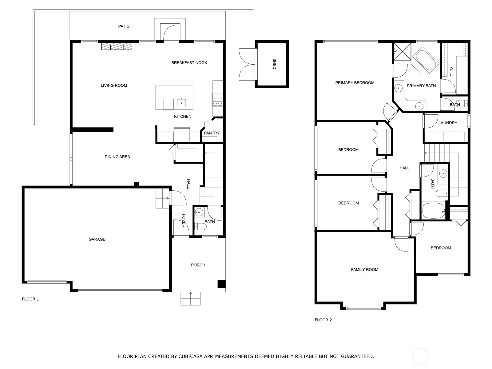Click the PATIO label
point(124,26)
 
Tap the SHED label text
point(274,64)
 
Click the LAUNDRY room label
point(447,123)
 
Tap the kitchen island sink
point(181,102)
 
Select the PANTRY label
point(212,133)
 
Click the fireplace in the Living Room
point(117,46)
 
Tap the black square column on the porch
point(221,284)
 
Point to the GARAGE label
point(97,239)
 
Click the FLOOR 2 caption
point(323,320)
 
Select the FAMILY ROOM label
point(364,270)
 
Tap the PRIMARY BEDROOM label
point(355,83)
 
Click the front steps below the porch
point(190,299)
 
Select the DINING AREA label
point(117,157)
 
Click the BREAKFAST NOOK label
point(189,63)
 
